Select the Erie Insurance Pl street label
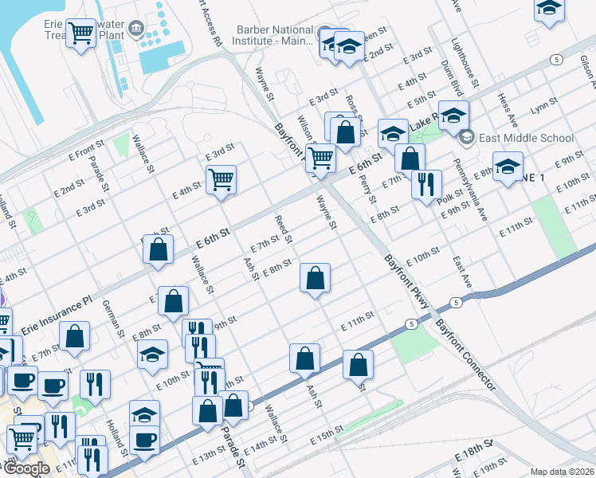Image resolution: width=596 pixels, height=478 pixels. coord(63,308)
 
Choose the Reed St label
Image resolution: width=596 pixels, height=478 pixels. coord(284,229)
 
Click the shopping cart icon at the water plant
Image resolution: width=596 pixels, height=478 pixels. coord(80,33)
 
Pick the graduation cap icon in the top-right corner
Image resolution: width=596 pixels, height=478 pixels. coord(549,9)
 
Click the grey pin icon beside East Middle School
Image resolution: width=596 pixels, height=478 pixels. coord(466,137)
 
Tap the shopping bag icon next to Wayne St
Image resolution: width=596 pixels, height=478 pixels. coord(316,278)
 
